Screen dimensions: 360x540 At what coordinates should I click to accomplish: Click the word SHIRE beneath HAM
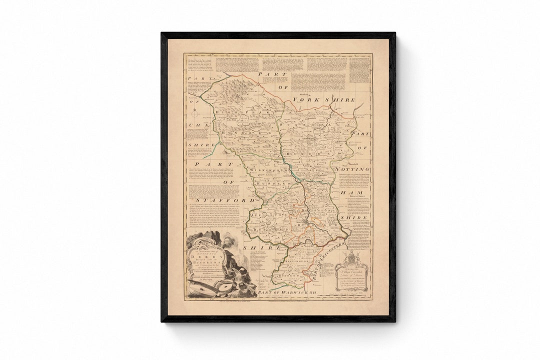pos(354,218)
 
